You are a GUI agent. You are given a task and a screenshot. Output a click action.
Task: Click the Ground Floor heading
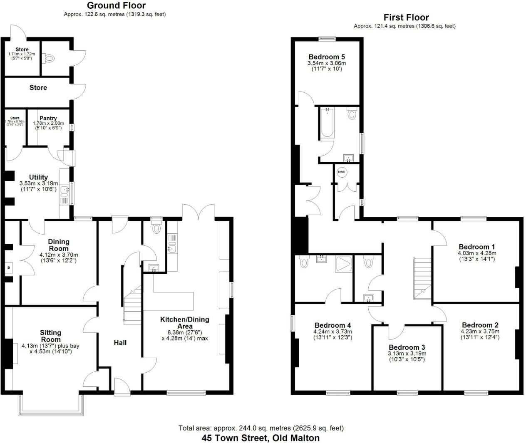click(x=116, y=6)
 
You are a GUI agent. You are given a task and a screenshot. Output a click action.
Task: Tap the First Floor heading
click(x=406, y=17)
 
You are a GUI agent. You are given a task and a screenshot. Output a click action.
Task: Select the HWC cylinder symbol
click(x=342, y=172)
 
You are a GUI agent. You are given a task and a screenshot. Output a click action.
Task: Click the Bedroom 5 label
click(x=327, y=57)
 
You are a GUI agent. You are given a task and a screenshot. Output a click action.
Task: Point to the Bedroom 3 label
click(x=407, y=347)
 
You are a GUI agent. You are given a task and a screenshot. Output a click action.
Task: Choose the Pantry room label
click(x=48, y=118)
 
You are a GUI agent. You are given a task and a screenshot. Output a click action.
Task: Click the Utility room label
click(x=38, y=177)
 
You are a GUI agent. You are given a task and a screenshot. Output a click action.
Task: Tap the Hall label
click(x=120, y=343)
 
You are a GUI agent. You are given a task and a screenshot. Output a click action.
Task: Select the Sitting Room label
click(x=50, y=336)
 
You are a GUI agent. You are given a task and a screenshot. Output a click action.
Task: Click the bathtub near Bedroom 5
click(x=328, y=123)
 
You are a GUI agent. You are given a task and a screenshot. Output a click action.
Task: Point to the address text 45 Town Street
click(x=261, y=438)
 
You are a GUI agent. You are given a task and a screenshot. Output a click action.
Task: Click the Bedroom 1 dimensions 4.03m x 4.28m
click(x=477, y=253)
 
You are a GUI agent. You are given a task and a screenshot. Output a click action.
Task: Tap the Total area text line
click(x=261, y=428)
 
